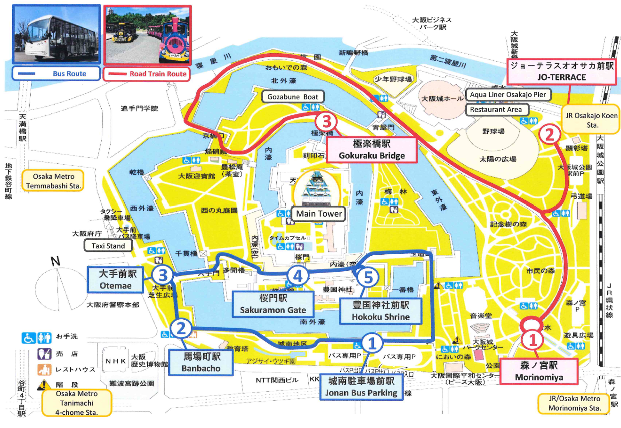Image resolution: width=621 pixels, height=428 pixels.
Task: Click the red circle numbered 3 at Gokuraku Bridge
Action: point(326,122)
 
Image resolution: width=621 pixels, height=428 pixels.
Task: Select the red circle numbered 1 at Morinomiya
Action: point(533,339)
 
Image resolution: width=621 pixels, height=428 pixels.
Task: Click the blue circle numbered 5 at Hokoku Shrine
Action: point(368,277)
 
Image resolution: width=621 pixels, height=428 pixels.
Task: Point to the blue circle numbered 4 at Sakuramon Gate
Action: point(298,275)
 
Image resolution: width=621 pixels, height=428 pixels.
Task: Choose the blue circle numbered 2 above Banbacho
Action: point(181,328)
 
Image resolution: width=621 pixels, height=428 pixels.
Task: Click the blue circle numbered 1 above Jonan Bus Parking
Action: point(372,343)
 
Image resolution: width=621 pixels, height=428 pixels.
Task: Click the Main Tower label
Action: point(319,214)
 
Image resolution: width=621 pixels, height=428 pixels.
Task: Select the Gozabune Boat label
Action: point(292,97)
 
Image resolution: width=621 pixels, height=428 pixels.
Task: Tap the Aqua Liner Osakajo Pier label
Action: point(508,95)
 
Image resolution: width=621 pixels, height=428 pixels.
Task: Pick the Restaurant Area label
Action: point(496,110)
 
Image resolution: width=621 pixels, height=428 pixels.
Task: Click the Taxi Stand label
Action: point(108,246)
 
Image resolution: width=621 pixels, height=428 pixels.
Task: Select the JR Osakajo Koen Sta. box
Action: point(592,120)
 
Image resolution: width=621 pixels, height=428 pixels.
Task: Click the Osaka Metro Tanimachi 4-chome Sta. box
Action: point(77,403)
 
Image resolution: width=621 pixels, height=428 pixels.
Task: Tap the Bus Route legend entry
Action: point(56,74)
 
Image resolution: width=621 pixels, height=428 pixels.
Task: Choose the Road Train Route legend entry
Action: point(147,74)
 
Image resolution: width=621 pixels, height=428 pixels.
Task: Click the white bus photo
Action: point(56,35)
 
